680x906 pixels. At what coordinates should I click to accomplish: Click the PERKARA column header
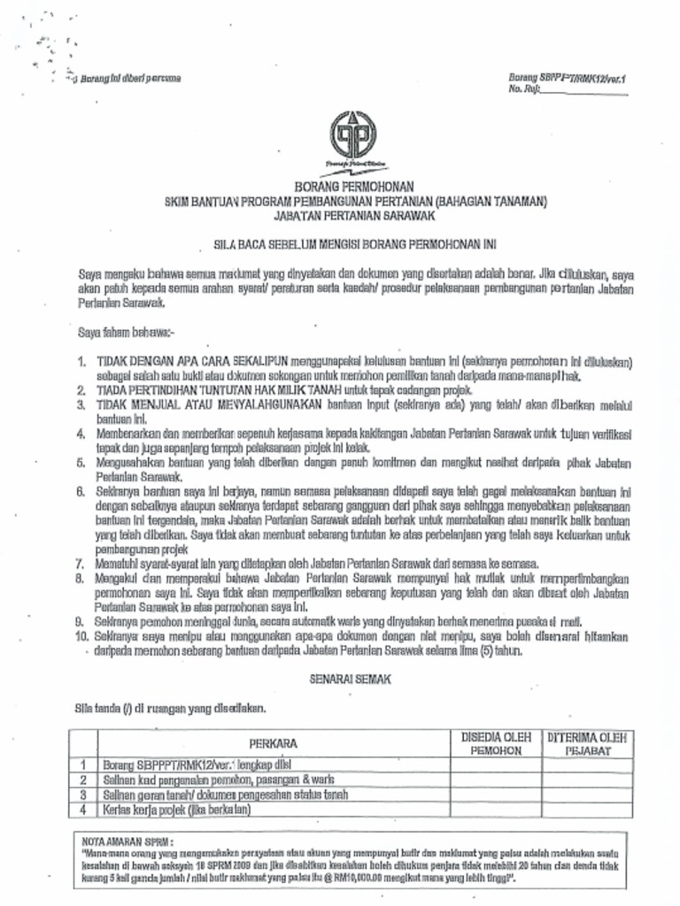click(273, 743)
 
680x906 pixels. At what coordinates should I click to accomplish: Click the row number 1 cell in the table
click(82, 764)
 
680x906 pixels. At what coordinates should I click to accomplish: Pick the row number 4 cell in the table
click(82, 809)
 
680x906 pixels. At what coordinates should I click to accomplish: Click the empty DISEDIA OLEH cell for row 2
click(496, 779)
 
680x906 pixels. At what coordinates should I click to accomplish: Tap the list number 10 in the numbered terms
click(81, 636)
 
